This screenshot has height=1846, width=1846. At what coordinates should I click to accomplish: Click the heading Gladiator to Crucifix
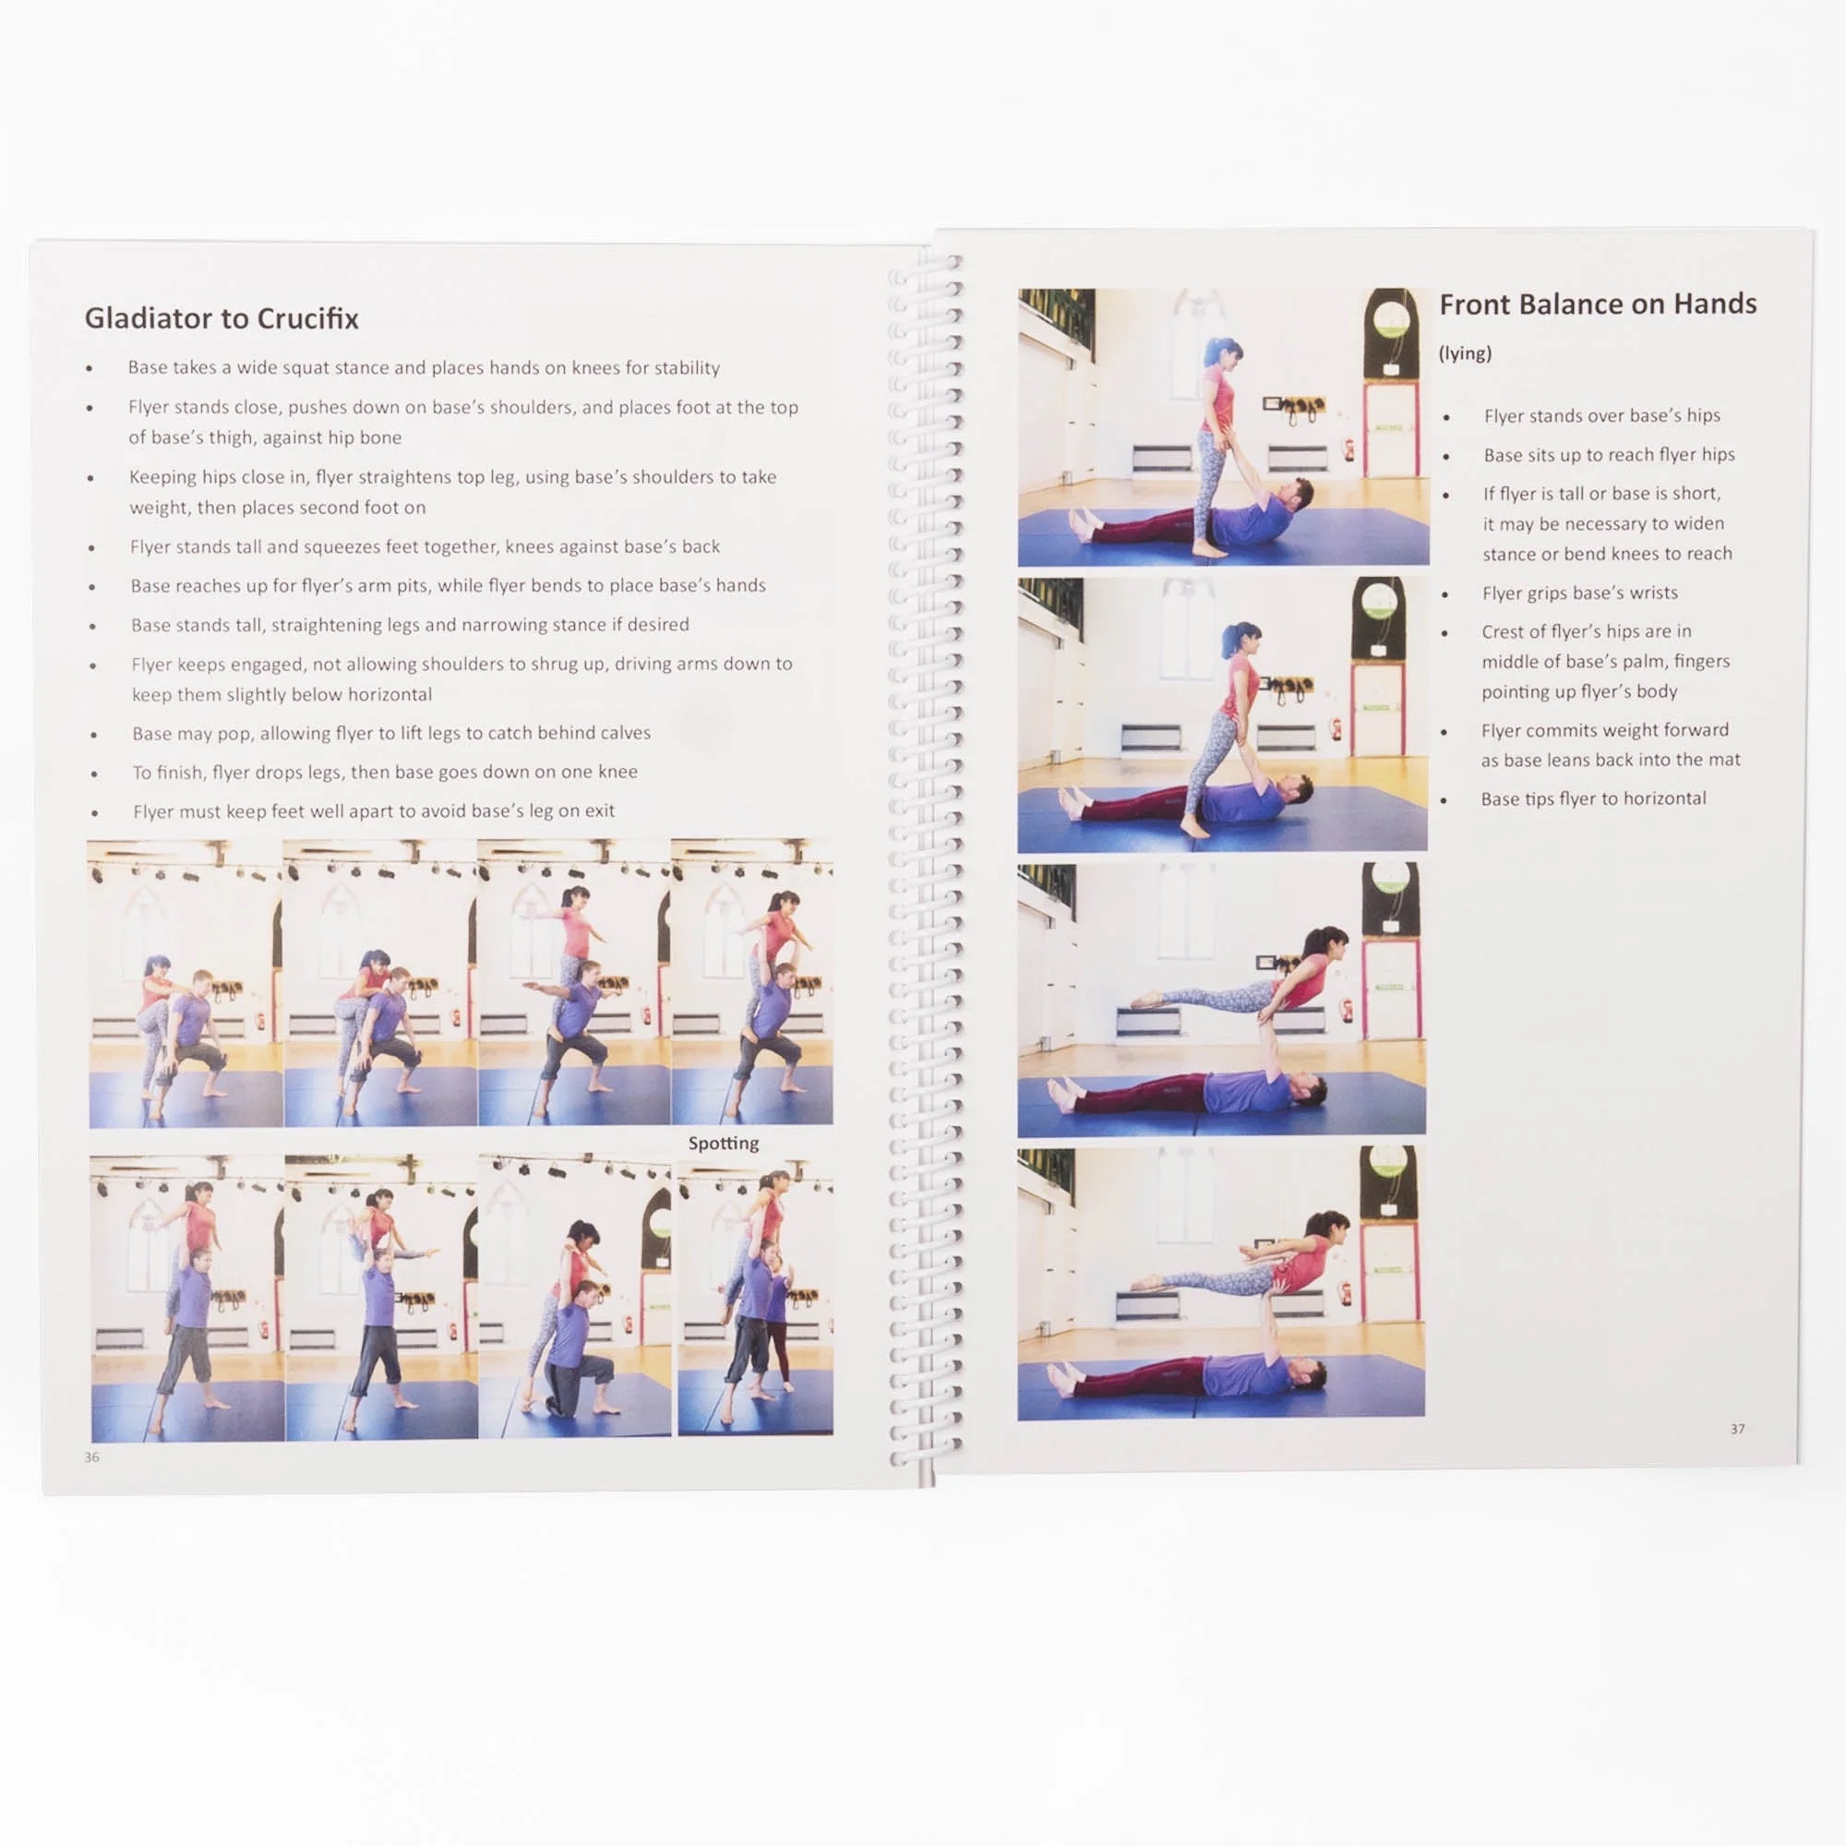tap(222, 318)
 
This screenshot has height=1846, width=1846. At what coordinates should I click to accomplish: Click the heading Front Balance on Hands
tap(1598, 304)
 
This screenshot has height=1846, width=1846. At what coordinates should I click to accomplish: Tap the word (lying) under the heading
tap(1465, 354)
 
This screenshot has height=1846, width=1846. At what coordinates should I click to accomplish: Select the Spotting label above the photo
tap(724, 1144)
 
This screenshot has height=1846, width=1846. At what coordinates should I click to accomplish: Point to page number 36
tap(91, 1457)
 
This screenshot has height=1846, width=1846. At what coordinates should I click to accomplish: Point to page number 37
tap(1737, 1429)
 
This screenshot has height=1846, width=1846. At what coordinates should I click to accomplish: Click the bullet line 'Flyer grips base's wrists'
tap(1579, 593)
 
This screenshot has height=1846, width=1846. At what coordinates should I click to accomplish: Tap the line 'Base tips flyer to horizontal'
tap(1593, 798)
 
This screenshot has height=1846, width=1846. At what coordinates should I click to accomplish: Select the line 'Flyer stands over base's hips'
tap(1601, 415)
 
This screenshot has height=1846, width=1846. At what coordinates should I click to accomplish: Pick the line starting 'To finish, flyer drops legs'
tap(385, 772)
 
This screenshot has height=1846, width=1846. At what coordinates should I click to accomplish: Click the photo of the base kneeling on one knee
tap(575, 1297)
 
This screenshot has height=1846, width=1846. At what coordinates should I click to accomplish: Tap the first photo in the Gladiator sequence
tap(185, 984)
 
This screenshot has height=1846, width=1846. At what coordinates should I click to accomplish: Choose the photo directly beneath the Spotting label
tap(755, 1299)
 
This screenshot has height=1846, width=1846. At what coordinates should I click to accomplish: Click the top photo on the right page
tap(1223, 427)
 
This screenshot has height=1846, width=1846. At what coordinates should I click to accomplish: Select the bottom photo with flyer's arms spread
tap(1221, 1283)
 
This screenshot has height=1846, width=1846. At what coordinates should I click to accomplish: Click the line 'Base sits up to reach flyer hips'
tap(1609, 455)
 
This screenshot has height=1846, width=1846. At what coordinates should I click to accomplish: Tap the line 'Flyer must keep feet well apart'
tap(374, 811)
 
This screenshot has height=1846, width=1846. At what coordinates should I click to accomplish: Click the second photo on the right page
tap(1222, 713)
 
